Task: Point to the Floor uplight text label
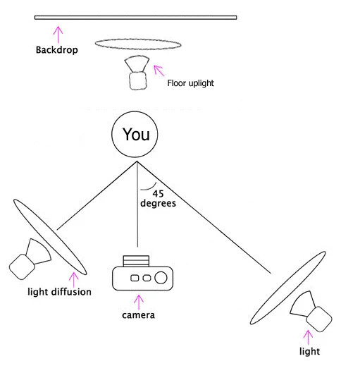[190, 83]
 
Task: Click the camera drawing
[142, 274]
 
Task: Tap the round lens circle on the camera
[161, 277]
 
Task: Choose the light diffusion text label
[59, 291]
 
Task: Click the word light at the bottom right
[309, 350]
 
